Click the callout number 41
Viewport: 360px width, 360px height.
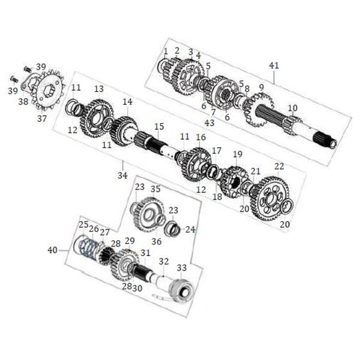click(274, 66)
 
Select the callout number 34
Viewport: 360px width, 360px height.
click(123, 175)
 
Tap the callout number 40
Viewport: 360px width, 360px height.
click(52, 250)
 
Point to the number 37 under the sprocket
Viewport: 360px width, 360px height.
click(42, 119)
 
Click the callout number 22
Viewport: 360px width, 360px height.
click(279, 166)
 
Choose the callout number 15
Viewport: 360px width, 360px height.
click(159, 126)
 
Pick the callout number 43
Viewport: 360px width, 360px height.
click(209, 123)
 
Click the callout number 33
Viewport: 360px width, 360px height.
click(182, 267)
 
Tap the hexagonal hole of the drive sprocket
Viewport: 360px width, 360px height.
click(49, 90)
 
